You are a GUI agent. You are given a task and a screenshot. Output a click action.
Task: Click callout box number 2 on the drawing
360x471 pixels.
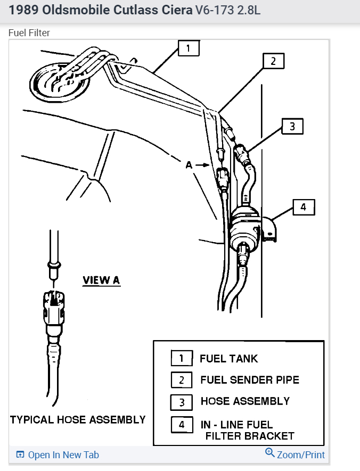tap(273, 61)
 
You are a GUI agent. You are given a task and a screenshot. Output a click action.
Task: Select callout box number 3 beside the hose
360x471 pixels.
tap(292, 127)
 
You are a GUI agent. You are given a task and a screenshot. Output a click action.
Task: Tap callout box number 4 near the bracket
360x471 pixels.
tap(303, 207)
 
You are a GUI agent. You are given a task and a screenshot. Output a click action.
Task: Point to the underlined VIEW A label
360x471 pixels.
tap(101, 280)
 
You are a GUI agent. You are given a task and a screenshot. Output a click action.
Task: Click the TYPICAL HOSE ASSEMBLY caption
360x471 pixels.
tap(78, 420)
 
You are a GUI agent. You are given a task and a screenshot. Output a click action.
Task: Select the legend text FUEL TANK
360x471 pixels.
tap(228, 358)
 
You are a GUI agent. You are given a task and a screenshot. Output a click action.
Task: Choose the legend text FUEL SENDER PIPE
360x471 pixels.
tap(250, 380)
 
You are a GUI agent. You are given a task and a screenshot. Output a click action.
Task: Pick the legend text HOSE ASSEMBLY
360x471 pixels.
tap(245, 401)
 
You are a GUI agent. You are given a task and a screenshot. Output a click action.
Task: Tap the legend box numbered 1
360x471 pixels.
tap(182, 359)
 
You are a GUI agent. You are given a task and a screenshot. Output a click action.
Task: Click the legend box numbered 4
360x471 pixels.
tap(182, 425)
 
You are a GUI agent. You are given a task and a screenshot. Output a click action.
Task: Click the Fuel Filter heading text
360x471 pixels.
tap(29, 33)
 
